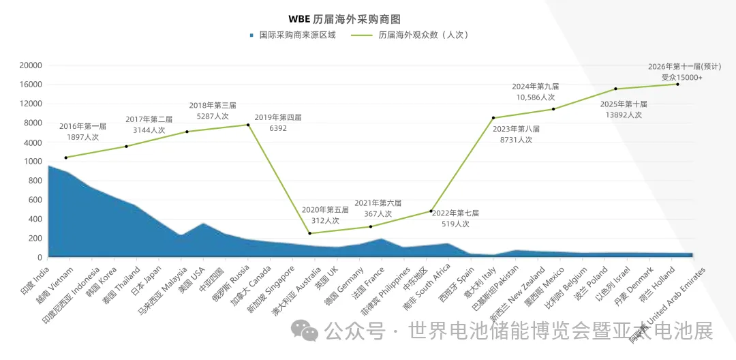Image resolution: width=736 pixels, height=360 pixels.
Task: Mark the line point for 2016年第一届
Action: click(x=65, y=157)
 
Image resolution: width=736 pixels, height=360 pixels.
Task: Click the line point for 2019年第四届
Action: click(x=247, y=125)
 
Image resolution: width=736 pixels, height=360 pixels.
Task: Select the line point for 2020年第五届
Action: click(x=309, y=233)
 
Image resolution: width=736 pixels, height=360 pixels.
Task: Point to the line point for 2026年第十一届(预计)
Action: click(x=677, y=84)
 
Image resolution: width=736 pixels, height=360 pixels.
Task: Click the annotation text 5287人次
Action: click(x=212, y=116)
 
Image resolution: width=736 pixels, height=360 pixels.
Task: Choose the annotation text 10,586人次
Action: click(x=535, y=97)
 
